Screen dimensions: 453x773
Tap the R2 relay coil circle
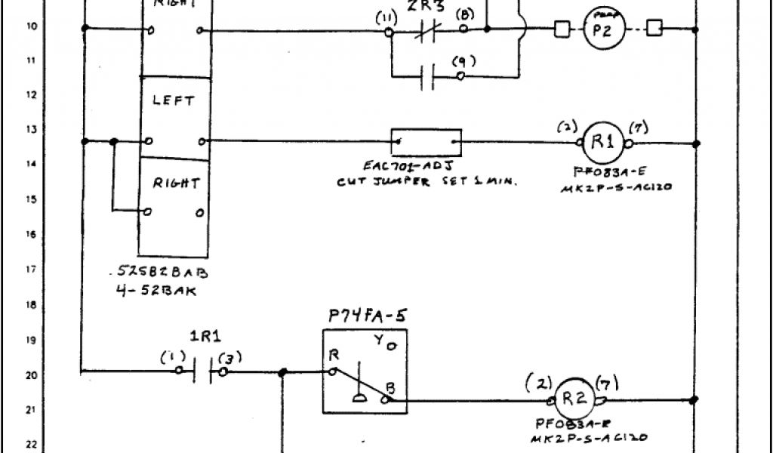pyautogui.click(x=576, y=399)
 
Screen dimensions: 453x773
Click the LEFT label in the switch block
pyautogui.click(x=173, y=100)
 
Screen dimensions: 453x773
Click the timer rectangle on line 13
pyautogui.click(x=426, y=140)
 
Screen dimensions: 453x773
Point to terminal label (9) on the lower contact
pyautogui.click(x=459, y=63)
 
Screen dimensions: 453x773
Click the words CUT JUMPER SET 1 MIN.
pyautogui.click(x=427, y=181)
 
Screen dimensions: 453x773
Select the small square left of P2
pyautogui.click(x=562, y=30)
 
